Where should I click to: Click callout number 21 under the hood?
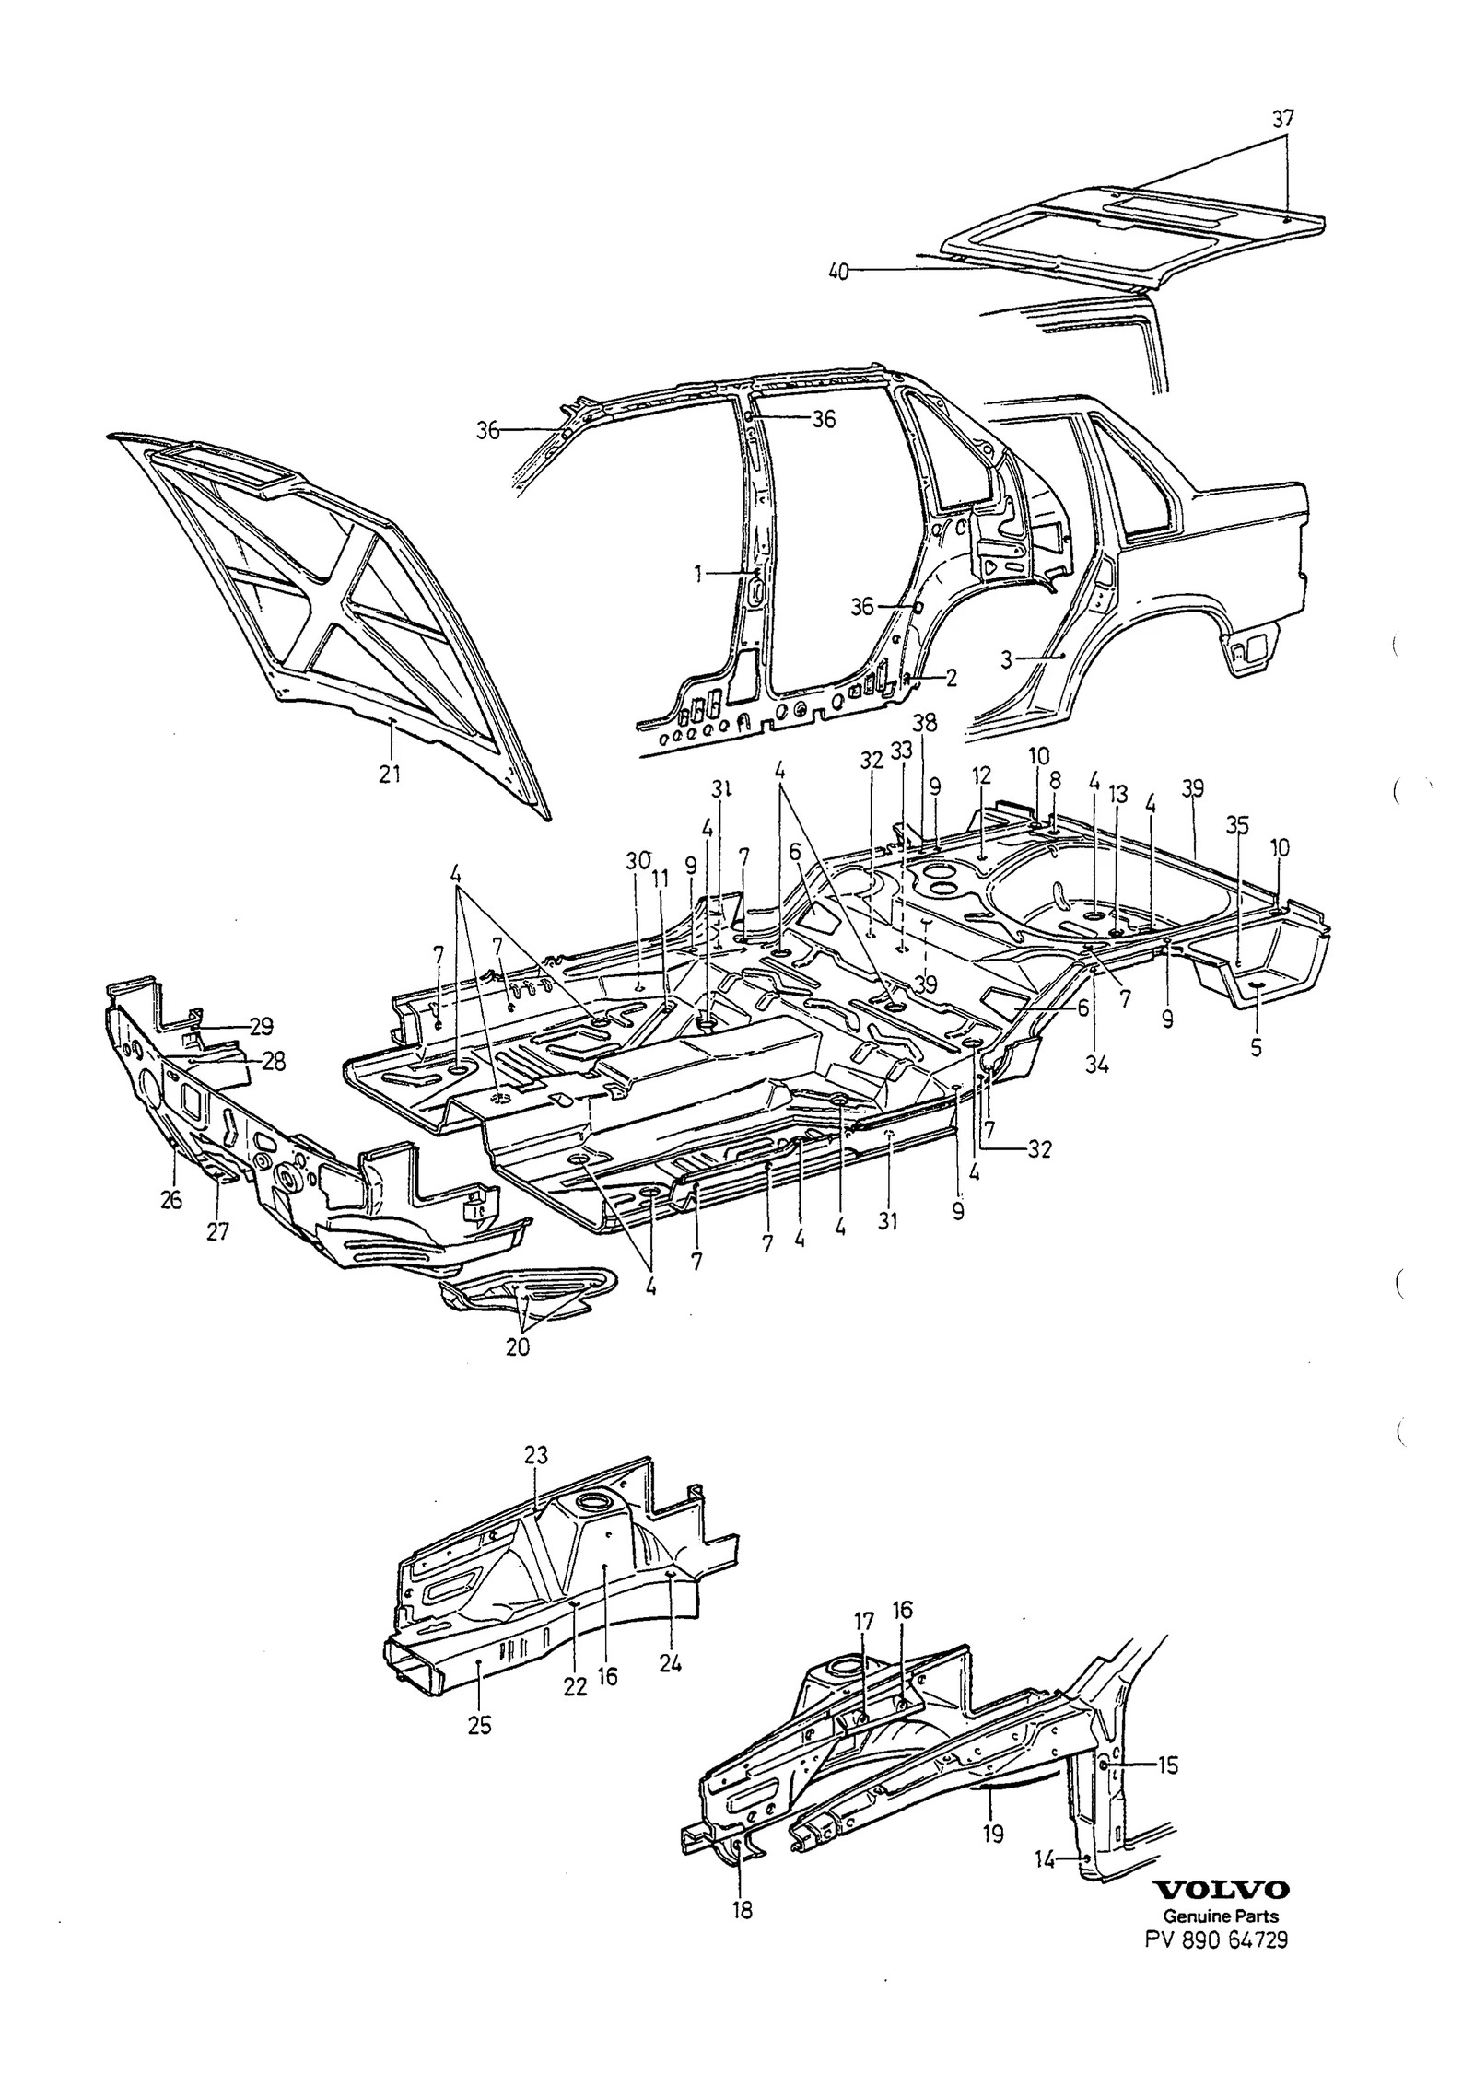(x=390, y=775)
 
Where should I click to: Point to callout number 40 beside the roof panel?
(x=838, y=272)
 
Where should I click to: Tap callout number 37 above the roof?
(x=1283, y=119)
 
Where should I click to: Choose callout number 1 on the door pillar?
(x=698, y=574)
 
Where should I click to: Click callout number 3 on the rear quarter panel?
(x=1006, y=659)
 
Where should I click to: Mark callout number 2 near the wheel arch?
(x=952, y=679)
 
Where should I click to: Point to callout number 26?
(x=171, y=1200)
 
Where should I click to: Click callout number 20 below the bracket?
(x=518, y=1346)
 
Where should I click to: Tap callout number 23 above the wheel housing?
(x=536, y=1455)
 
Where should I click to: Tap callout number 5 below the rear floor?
(x=1257, y=1047)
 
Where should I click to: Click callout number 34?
(x=1096, y=1065)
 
